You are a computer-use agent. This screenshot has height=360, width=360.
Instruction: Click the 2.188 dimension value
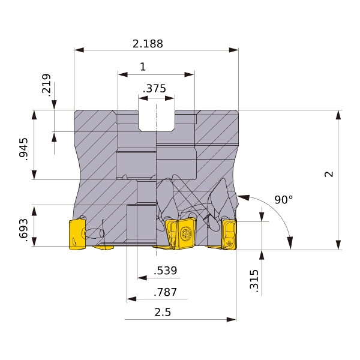pos(148,44)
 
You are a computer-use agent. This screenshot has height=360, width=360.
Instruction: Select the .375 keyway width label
pos(154,88)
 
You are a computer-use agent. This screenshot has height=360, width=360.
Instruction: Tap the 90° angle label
pos(284,200)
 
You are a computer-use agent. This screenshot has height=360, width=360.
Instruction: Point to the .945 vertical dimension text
pos(23,149)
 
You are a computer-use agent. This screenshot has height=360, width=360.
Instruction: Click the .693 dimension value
pos(23,230)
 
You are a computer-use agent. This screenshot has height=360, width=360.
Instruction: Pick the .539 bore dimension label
pos(166,271)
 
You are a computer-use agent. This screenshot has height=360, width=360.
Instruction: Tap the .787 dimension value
pos(166,292)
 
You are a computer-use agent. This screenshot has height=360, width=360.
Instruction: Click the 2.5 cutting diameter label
pos(163,312)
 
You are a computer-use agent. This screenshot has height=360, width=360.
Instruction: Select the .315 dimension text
pos(254,281)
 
